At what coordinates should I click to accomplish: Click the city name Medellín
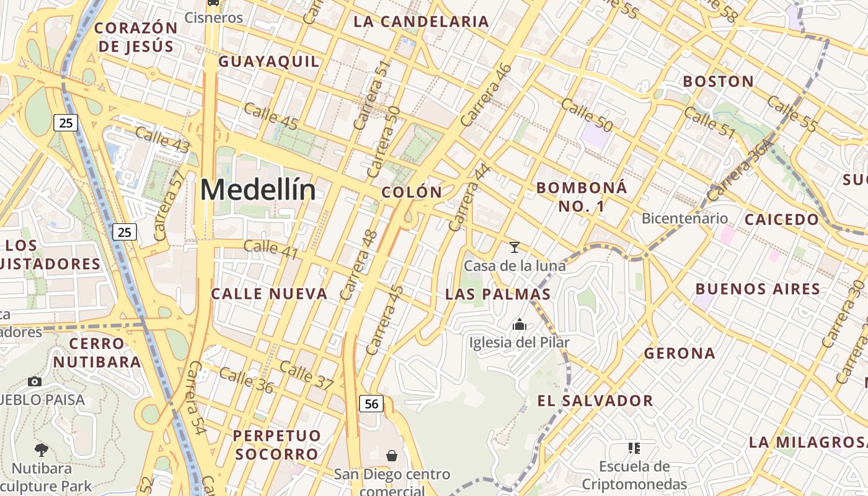(258, 190)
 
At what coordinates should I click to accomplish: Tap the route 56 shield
(371, 404)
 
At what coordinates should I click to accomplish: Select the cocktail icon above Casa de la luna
(514, 247)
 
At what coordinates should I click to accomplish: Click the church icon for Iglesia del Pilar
(519, 324)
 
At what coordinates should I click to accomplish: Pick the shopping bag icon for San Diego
(392, 456)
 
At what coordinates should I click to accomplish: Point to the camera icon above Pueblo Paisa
(35, 381)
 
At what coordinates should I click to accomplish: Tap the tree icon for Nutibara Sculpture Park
(42, 450)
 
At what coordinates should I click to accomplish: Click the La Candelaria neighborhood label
(421, 22)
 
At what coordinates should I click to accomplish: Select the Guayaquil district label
(269, 61)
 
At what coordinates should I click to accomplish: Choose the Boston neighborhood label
(718, 81)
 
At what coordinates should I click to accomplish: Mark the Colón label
(412, 192)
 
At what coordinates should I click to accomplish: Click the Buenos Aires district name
(758, 289)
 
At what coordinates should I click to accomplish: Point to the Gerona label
(680, 353)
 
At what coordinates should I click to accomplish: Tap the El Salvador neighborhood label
(595, 401)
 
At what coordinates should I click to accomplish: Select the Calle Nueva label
(269, 294)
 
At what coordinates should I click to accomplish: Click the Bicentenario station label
(684, 218)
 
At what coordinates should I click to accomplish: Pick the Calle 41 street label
(270, 249)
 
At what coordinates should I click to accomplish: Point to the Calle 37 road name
(306, 374)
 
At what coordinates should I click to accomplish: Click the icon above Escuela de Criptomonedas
(634, 448)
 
